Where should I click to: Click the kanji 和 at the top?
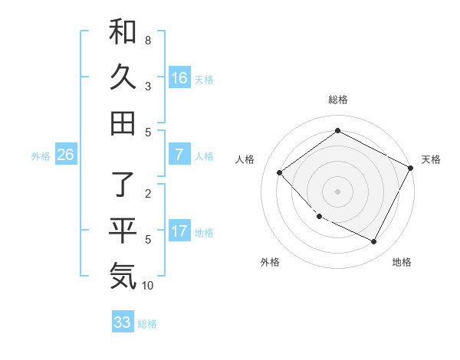tap(123, 31)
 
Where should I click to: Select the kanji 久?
tap(123, 77)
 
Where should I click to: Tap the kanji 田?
tap(123, 123)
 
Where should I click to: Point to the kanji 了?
tap(123, 185)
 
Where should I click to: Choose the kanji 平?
tap(123, 231)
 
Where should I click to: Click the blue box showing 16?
tap(179, 77)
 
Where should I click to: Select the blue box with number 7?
tap(179, 155)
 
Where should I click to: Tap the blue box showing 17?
tap(179, 231)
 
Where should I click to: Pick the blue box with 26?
tap(65, 155)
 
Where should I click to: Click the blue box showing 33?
tap(123, 322)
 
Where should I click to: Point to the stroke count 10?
tap(148, 286)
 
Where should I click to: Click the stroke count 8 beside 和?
tap(148, 40)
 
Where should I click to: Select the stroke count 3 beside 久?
tap(148, 86)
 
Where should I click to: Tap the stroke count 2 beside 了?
tap(148, 194)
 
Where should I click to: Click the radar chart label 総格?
tap(337, 100)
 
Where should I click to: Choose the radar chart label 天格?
tap(431, 159)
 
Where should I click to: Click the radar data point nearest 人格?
tap(280, 172)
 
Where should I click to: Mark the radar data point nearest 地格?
tap(373, 242)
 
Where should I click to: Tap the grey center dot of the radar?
tap(337, 191)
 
